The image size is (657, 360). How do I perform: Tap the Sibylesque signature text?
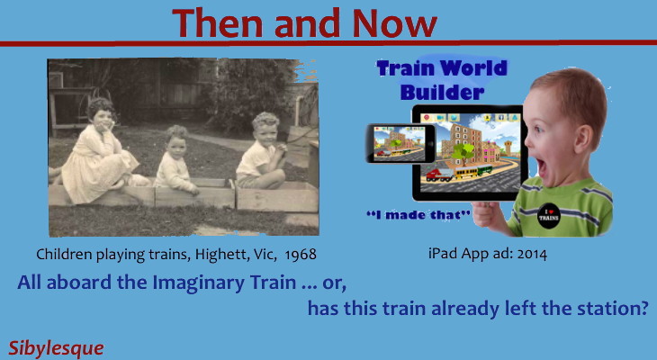pyautogui.click(x=56, y=346)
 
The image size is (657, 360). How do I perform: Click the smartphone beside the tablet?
pyautogui.click(x=400, y=143)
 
